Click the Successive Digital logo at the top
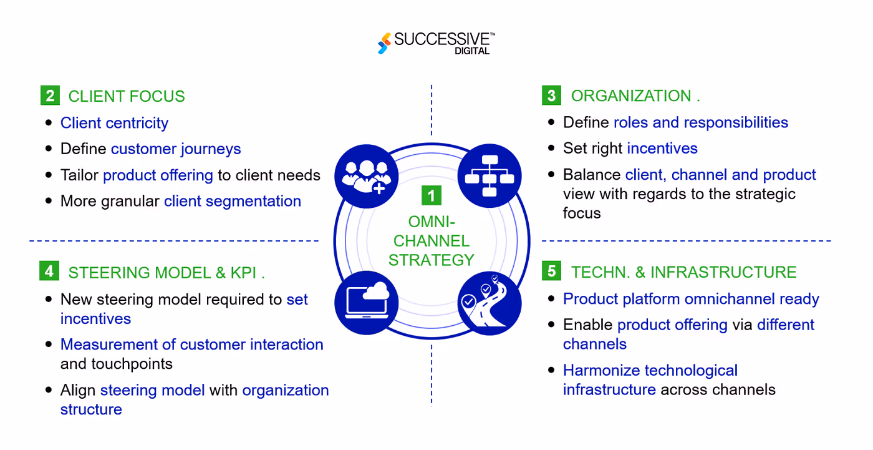pyautogui.click(x=436, y=42)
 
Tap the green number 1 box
pyautogui.click(x=431, y=195)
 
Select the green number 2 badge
pyautogui.click(x=49, y=95)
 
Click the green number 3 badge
pyautogui.click(x=551, y=95)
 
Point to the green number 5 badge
pyautogui.click(x=551, y=271)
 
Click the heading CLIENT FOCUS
pyautogui.click(x=127, y=96)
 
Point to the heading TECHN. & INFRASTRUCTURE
pyautogui.click(x=684, y=272)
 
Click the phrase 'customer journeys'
pyautogui.click(x=176, y=149)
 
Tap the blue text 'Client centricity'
pyautogui.click(x=114, y=123)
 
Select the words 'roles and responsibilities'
pyautogui.click(x=701, y=122)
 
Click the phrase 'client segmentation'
pyautogui.click(x=233, y=201)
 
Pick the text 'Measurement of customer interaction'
pyautogui.click(x=192, y=345)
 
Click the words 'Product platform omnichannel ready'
pyautogui.click(x=691, y=299)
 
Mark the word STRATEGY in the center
pyautogui.click(x=432, y=260)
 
